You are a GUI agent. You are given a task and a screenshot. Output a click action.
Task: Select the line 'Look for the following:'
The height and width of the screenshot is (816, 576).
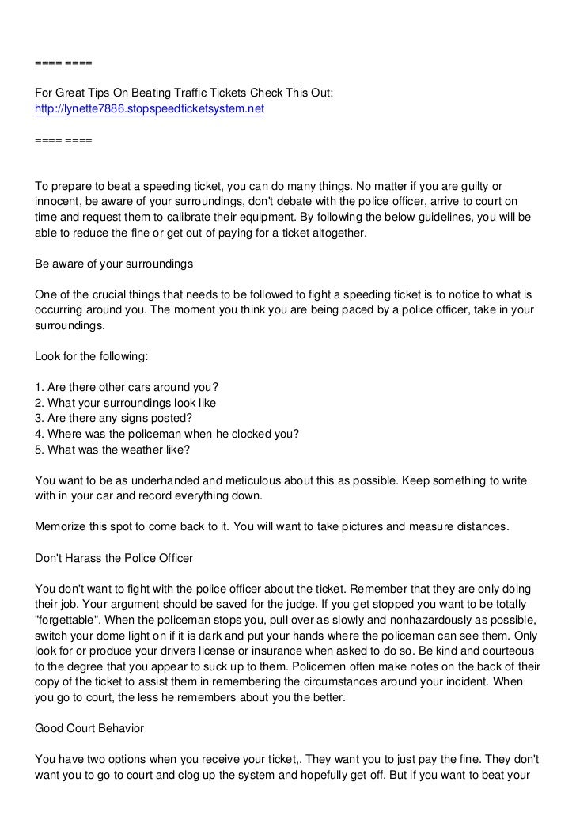pyautogui.click(x=92, y=356)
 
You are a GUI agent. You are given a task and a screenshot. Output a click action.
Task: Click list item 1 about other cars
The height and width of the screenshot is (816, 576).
pyautogui.click(x=127, y=387)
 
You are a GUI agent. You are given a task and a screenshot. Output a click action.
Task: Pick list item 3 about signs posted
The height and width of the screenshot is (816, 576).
pyautogui.click(x=114, y=418)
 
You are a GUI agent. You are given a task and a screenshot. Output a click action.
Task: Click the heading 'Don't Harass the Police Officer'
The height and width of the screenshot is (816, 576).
pyautogui.click(x=114, y=558)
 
